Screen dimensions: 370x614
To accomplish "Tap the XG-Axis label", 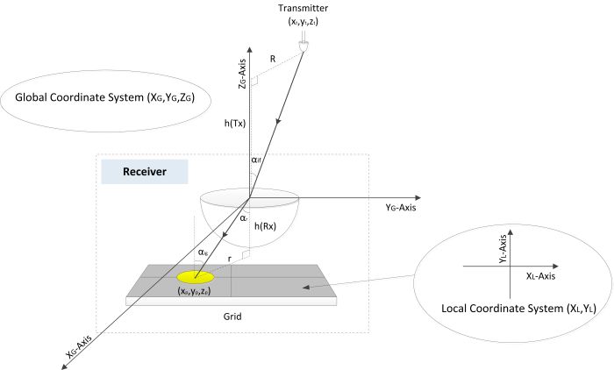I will (64, 350).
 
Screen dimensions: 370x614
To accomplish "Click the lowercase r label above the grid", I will (230, 260).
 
